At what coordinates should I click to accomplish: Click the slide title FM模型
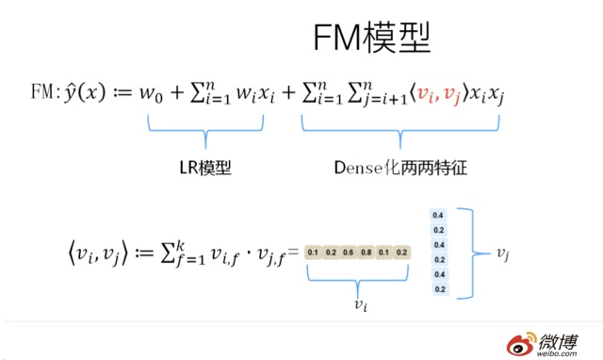click(372, 39)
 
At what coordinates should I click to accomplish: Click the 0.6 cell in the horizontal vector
click(349, 253)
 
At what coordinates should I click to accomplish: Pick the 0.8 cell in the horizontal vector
click(367, 253)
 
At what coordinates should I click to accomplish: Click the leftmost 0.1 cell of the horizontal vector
click(314, 253)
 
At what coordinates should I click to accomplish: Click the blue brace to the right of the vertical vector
click(474, 253)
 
